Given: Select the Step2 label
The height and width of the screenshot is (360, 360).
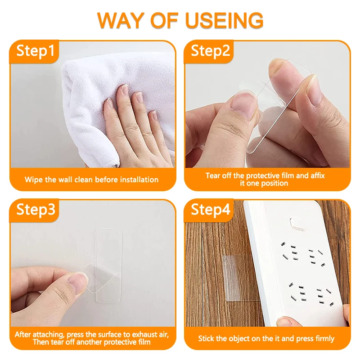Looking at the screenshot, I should (210, 51).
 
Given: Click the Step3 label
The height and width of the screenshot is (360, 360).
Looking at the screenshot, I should (36, 209).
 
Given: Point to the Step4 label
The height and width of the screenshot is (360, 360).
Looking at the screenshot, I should (210, 209).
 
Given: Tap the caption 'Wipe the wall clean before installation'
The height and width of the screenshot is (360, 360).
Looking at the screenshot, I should (91, 180).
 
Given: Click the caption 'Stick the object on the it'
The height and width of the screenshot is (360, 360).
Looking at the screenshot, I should (266, 338).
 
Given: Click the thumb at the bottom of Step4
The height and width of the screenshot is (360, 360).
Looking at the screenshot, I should (288, 321).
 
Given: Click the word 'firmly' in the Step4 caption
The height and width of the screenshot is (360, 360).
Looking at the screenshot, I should (323, 338).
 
